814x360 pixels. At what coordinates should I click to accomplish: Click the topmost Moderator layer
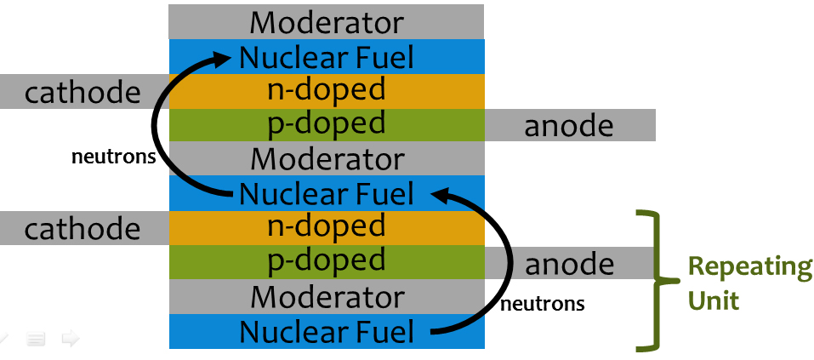pos(327,21)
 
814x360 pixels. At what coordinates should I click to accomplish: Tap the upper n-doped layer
pos(327,91)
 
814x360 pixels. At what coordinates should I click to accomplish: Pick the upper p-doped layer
pos(327,124)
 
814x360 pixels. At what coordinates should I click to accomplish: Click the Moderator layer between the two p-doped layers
pos(327,159)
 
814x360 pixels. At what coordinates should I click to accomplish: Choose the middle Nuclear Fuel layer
pos(327,193)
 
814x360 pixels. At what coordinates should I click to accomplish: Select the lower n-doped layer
pos(327,228)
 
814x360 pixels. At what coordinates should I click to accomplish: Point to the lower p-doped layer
pos(327,262)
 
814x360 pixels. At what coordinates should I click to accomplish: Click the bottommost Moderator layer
pos(327,297)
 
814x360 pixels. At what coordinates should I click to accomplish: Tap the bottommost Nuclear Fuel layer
pos(327,331)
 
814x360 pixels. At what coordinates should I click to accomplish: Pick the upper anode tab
pos(569,125)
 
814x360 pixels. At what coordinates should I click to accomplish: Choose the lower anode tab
pos(569,263)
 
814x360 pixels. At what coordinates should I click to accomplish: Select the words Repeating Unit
pos(749,283)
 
